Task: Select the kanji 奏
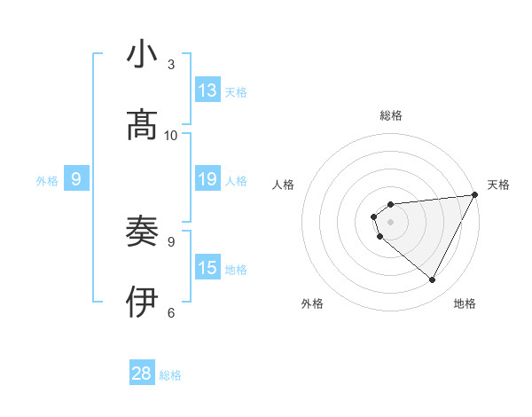coord(143,232)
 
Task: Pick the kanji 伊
coord(143,302)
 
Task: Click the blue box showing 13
coord(207,90)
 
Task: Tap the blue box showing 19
coord(207,180)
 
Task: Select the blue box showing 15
coord(207,268)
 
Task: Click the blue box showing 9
coord(76,180)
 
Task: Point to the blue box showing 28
coord(142,374)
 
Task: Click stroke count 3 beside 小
coord(171,64)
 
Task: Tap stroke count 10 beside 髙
coord(171,135)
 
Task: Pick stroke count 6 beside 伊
coord(171,311)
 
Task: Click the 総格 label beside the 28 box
coord(170,375)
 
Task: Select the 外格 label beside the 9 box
coord(47,181)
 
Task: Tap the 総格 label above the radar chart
coord(391,115)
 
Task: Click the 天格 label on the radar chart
coord(498,185)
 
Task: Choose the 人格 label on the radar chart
coord(284,185)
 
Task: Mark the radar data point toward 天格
coord(475,194)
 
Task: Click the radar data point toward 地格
coord(433,280)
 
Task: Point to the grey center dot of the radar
coord(391,222)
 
